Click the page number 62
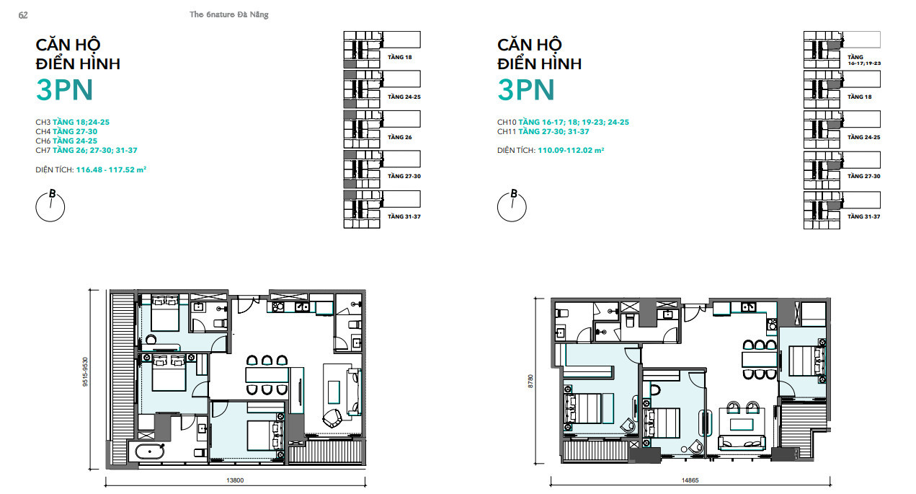coord(23,15)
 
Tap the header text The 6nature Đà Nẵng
coord(229,14)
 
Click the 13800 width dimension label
coord(235,480)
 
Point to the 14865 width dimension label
coord(690,480)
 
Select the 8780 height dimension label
coord(530,381)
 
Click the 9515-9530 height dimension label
coord(85,371)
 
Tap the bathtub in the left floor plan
coord(150,451)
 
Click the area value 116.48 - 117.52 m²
coord(111,169)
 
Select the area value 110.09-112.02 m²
coord(571,150)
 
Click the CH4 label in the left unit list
coord(43,131)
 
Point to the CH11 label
coord(507,131)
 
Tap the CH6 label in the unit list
coord(43,141)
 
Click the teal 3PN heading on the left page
coord(65,89)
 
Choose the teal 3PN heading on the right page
coord(526,89)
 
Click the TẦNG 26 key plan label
coord(399,137)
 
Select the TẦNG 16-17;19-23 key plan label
coord(863,60)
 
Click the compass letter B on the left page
coord(53,193)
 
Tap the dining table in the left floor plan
coord(267,375)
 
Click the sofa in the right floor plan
coord(742,442)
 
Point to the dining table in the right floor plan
coord(760,359)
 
